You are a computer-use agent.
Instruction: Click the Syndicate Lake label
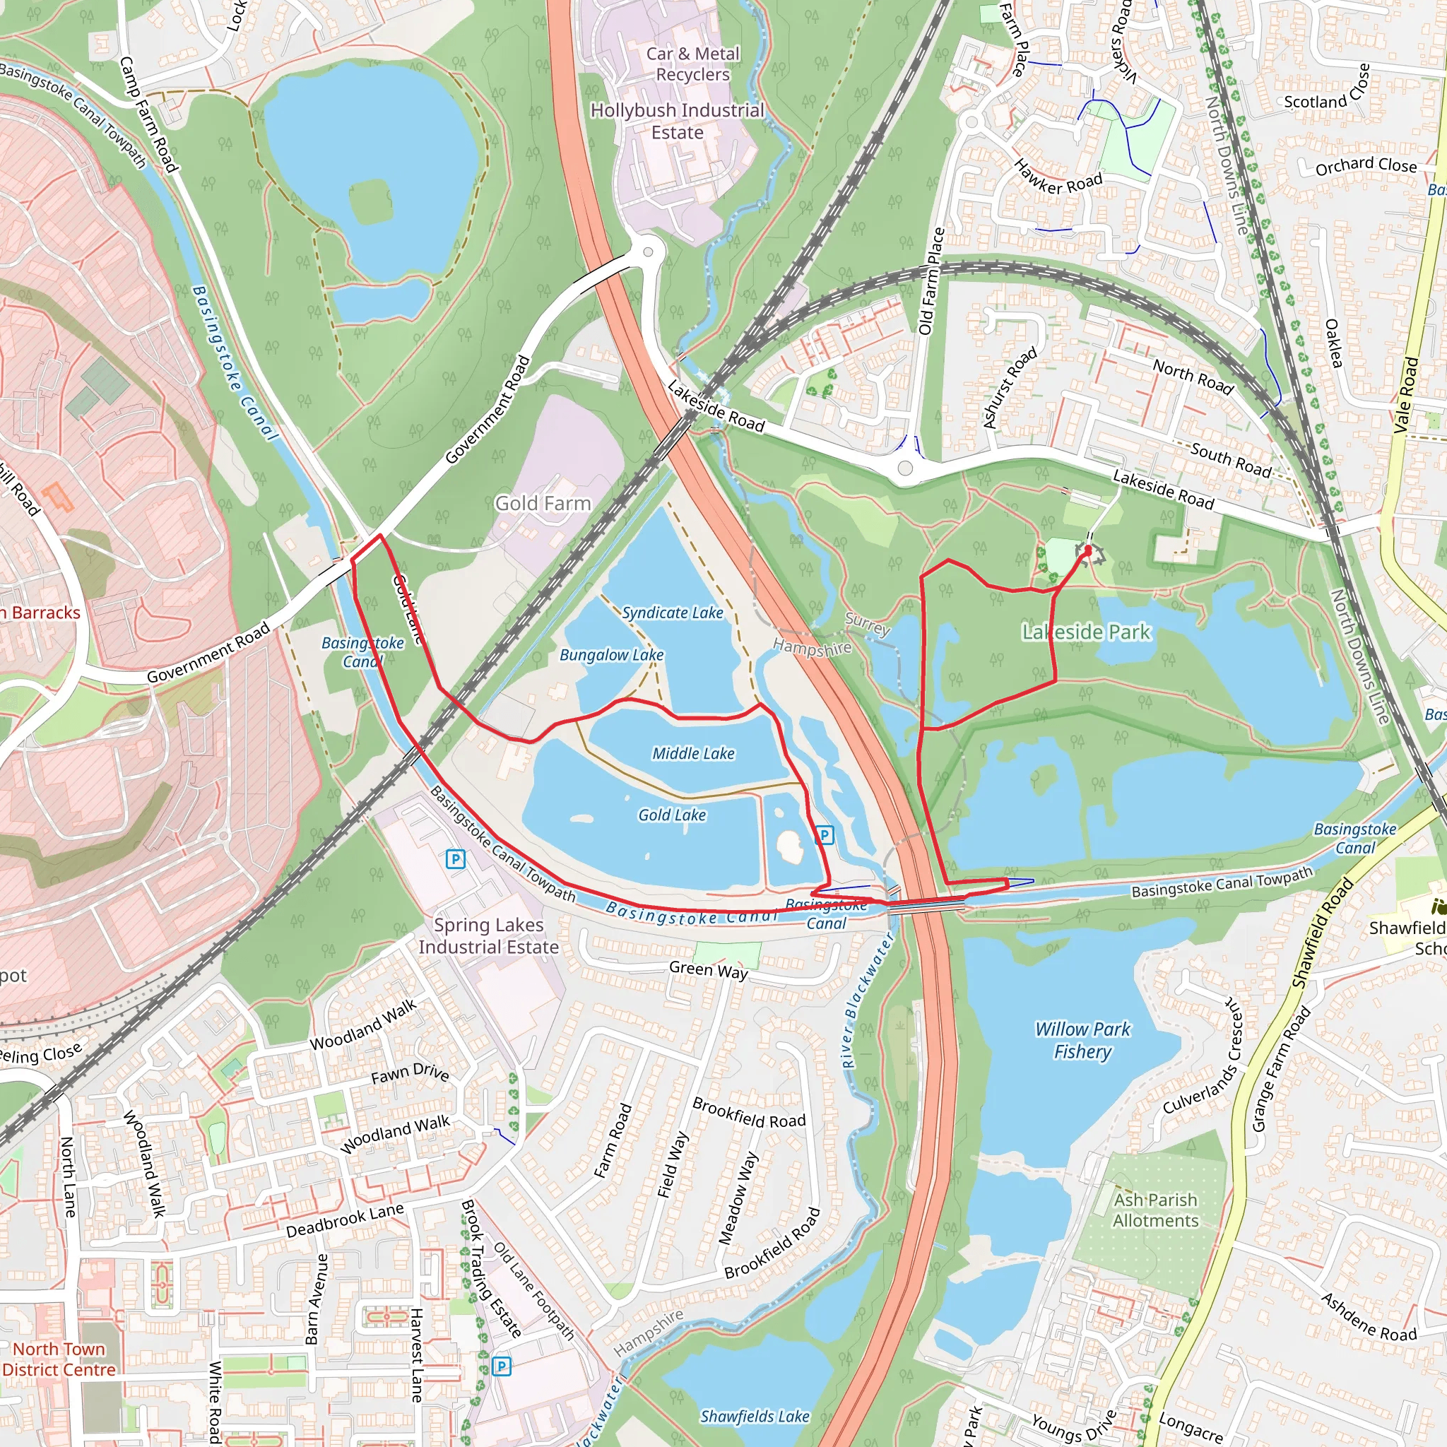(x=672, y=613)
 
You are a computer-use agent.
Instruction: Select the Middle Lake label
(x=693, y=753)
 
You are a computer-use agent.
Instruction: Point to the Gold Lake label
(x=672, y=815)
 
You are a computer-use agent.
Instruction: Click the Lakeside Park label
(x=1086, y=632)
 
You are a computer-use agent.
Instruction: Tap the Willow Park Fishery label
(x=1082, y=1039)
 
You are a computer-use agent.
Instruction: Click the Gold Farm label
(x=543, y=503)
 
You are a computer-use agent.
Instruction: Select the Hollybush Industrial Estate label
(x=677, y=122)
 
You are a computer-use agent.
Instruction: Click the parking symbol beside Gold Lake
(x=824, y=834)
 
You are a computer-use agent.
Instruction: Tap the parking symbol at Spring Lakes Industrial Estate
(x=454, y=859)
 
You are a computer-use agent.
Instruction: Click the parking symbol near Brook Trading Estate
(x=502, y=1367)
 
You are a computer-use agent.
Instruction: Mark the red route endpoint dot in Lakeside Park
(x=1088, y=549)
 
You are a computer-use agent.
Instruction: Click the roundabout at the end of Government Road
(x=649, y=252)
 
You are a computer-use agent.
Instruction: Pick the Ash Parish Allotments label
(x=1155, y=1210)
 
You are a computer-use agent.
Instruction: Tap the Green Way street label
(x=708, y=971)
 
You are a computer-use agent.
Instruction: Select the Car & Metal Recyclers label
(x=693, y=64)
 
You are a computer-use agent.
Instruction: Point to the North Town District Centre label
(x=59, y=1359)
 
